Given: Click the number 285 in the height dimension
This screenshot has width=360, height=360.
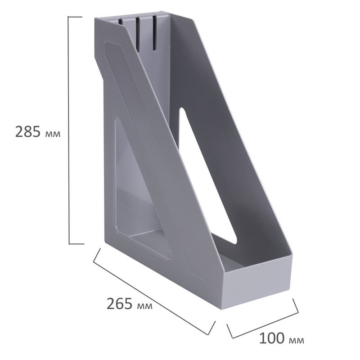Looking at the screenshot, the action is pyautogui.click(x=28, y=131).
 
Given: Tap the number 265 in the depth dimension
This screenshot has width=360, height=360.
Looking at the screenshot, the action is pyautogui.click(x=119, y=303).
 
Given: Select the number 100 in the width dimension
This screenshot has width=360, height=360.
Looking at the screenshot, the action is pyautogui.click(x=272, y=338).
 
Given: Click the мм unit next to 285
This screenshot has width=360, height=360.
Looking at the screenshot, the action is pyautogui.click(x=53, y=134).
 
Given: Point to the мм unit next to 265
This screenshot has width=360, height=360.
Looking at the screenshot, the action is pyautogui.click(x=144, y=306).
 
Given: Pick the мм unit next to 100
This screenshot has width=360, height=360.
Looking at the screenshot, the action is pyautogui.click(x=296, y=341).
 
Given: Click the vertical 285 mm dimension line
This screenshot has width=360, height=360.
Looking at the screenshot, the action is pyautogui.click(x=69, y=130).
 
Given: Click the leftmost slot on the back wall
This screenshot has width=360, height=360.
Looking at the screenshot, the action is pyautogui.click(x=120, y=22).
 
